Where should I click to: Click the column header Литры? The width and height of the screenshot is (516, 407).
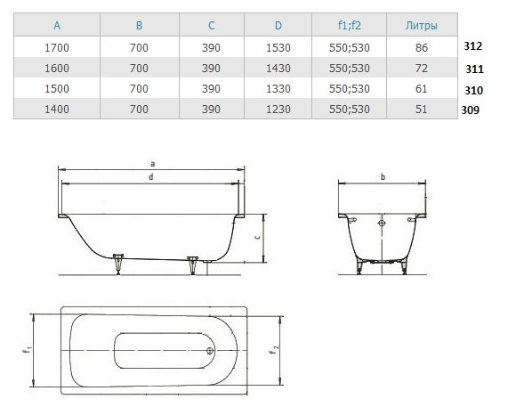422,25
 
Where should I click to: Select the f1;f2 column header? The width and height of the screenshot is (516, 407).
350,25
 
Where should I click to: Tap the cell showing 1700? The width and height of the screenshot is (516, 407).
57,48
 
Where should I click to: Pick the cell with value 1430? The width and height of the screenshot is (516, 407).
278,69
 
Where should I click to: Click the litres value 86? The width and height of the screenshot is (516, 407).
422,48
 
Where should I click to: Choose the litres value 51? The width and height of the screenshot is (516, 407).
422,109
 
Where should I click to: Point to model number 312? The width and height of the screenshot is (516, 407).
473,45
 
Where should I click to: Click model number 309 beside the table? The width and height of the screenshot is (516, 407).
471,110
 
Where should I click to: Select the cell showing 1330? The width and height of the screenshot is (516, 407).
278,89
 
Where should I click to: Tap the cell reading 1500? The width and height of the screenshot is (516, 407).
57,89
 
